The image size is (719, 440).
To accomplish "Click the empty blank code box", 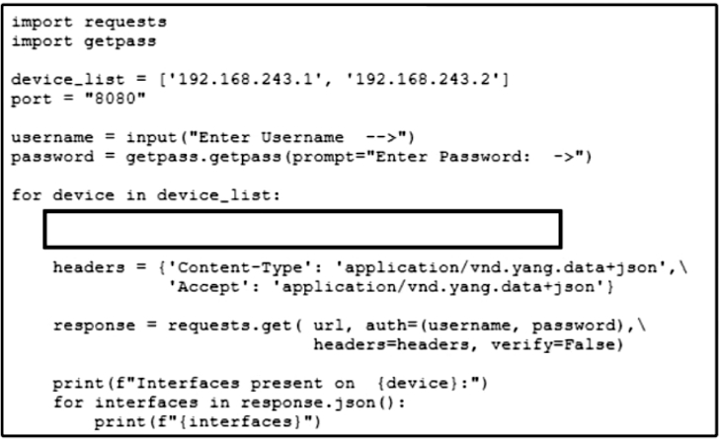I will (302, 230).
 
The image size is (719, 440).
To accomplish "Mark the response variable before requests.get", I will (94, 325).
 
